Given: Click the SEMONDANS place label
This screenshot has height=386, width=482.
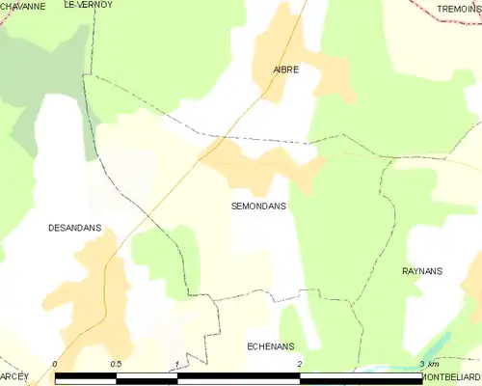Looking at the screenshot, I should coord(258,207).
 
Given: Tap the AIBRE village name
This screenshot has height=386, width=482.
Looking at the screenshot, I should coord(284,69).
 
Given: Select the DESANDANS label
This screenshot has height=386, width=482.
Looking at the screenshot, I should coord(74,229).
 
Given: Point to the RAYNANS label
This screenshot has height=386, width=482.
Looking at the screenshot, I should coord(421,271).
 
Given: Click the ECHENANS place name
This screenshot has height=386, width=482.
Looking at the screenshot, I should coord(270,345).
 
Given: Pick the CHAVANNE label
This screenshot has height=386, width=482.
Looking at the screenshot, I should coord(22,6).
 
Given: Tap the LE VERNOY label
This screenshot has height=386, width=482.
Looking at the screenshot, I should coord(88,5).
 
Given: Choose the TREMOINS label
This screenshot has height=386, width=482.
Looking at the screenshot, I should coord(458,9).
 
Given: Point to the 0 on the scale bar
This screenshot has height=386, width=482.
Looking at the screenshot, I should coord(55,364).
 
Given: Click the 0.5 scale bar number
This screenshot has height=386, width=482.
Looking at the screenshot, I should coord(116,364).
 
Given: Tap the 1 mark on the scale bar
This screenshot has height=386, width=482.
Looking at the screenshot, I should coord(177,364).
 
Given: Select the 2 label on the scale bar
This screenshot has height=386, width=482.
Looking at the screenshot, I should coord(300,364).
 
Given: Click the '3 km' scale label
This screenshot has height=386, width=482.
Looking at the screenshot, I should coord(429,364).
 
